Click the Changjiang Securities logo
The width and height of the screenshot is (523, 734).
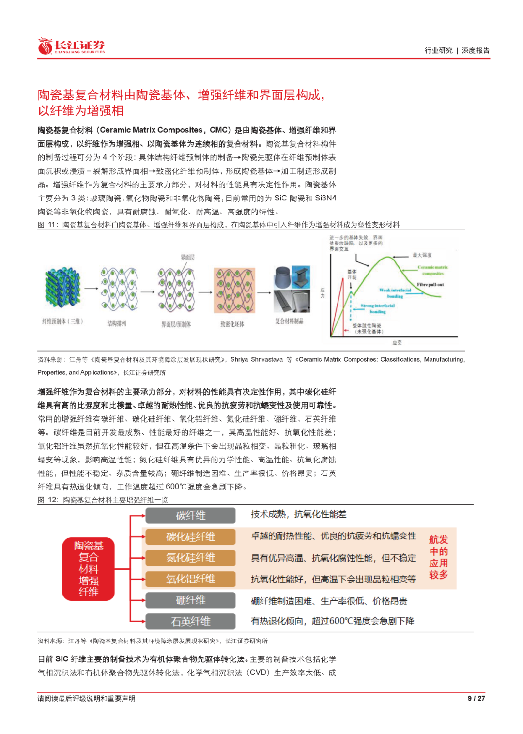[x=71, y=46]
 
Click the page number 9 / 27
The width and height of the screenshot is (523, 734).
[x=476, y=698]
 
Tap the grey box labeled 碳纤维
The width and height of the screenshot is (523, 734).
[x=190, y=516]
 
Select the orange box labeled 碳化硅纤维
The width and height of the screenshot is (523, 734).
[x=190, y=537]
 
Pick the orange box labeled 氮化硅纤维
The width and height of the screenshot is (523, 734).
[x=190, y=558]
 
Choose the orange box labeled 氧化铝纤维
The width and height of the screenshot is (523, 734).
[x=190, y=579]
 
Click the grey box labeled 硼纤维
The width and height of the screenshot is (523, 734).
[x=190, y=600]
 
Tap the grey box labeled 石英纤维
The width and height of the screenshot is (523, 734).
[x=190, y=621]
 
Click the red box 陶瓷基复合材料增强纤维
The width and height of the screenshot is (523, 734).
[x=89, y=569]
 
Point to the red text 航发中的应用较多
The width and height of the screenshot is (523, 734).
[x=438, y=557]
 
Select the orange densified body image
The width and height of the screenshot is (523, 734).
[x=234, y=291]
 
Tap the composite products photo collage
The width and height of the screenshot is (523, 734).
[x=292, y=289]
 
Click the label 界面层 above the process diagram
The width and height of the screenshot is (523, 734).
[x=188, y=258]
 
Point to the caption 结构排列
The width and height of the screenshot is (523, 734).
[x=117, y=323]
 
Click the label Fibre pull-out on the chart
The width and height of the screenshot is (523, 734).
[x=430, y=285]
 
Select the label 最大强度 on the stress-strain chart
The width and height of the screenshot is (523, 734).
[x=422, y=255]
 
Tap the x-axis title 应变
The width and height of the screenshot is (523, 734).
[x=397, y=343]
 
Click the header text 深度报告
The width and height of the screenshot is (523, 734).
[x=476, y=50]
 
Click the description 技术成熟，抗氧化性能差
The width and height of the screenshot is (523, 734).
[x=298, y=514]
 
